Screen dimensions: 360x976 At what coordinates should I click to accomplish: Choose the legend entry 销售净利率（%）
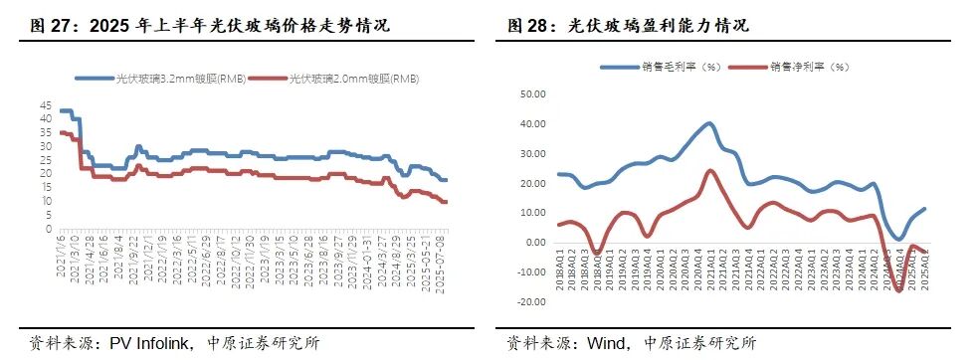[807, 67]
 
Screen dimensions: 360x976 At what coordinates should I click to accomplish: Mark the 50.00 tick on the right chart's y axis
[532, 94]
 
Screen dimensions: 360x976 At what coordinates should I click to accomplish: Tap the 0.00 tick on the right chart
[535, 243]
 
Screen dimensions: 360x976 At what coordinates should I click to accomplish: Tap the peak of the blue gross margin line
[709, 123]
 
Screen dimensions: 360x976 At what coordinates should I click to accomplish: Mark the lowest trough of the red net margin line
[899, 290]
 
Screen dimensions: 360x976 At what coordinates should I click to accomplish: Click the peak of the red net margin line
[710, 170]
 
